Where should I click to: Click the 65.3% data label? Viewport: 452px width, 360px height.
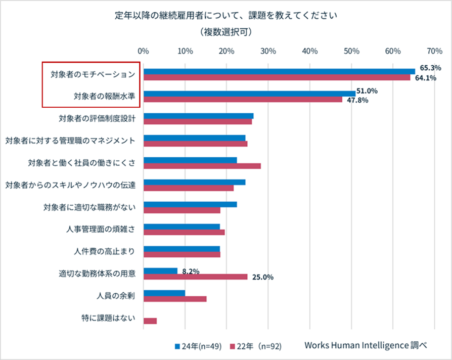431,67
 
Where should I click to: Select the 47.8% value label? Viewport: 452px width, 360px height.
357,100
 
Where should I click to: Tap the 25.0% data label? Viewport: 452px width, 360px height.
262,277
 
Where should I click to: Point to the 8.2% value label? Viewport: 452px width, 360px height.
191,271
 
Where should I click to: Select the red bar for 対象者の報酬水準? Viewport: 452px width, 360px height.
243,100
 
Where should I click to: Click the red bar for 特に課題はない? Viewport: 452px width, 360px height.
150,321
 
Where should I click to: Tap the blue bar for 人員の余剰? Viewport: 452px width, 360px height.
164,293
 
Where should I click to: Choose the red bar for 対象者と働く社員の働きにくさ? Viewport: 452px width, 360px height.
202,166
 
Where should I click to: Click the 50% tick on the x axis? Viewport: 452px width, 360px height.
351,51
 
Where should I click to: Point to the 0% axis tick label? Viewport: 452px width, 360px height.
144,51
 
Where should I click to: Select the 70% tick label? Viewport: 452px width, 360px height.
434,51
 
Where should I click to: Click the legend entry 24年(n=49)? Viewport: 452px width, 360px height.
198,346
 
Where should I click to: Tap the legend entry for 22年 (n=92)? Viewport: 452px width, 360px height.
255,346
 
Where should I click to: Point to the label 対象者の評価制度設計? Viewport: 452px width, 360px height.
97,119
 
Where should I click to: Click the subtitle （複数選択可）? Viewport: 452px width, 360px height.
226,31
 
